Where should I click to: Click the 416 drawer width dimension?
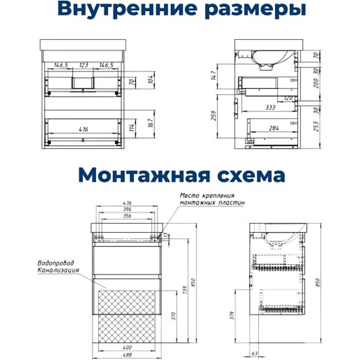pyautogui.click(x=83, y=129)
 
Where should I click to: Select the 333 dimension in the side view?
pyautogui.click(x=270, y=107)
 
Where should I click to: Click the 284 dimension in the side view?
pyautogui.click(x=274, y=128)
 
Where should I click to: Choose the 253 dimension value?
pyautogui.click(x=316, y=126)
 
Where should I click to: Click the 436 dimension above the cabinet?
pyautogui.click(x=127, y=203)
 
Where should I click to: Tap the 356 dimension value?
pyautogui.click(x=127, y=216)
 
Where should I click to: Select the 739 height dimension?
pyautogui.click(x=185, y=290)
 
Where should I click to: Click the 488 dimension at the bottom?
pyautogui.click(x=127, y=355)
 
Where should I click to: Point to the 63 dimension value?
pyautogui.click(x=255, y=354)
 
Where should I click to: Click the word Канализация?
pyautogui.click(x=58, y=270)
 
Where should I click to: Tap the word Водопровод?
pyautogui.click(x=56, y=263)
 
